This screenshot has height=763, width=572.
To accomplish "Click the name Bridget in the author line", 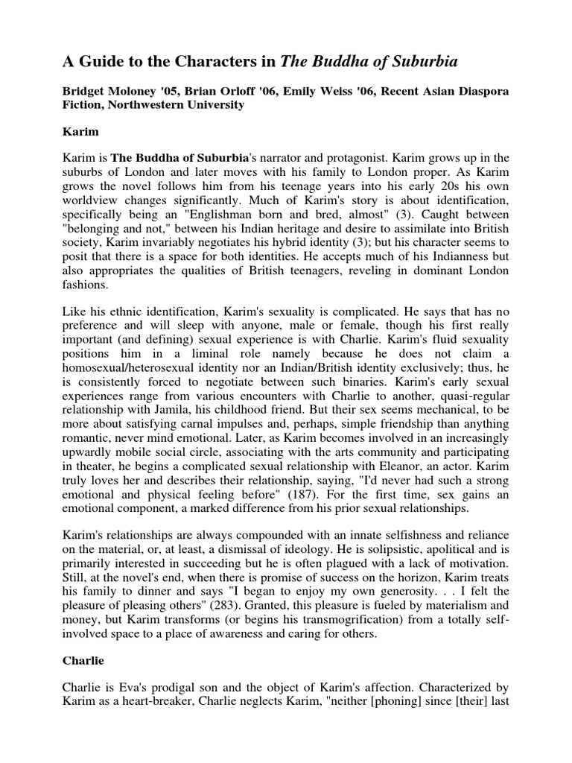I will click(86, 91).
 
